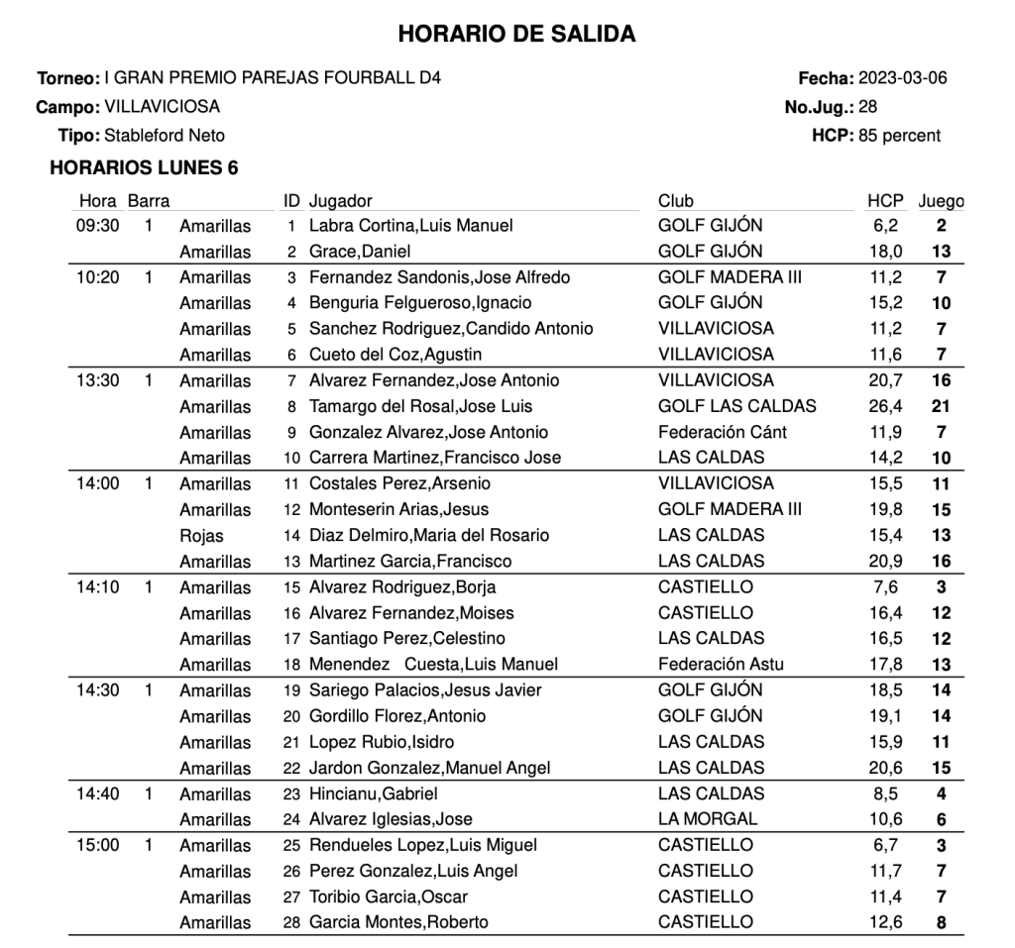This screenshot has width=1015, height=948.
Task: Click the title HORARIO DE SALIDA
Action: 516,35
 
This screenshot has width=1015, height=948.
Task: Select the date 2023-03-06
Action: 902,78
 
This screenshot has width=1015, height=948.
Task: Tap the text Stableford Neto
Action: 165,136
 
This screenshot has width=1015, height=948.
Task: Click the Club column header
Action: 676,201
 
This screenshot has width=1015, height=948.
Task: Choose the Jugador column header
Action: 340,201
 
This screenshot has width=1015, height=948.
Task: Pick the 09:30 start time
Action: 97,226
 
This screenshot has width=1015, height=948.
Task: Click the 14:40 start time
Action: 97,793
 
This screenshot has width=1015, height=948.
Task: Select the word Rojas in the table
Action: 201,536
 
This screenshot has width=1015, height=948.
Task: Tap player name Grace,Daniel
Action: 360,252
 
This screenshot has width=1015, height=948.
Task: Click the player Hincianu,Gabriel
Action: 374,793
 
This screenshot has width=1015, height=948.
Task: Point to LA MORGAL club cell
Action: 708,819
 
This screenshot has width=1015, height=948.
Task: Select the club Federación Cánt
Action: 723,432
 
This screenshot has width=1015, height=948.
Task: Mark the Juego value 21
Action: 942,406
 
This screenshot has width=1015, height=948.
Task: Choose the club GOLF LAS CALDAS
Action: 737,406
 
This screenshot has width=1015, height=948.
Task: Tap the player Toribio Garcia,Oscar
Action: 389,896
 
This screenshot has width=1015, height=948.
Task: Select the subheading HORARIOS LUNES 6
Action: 144,168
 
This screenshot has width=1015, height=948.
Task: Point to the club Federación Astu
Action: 721,665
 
